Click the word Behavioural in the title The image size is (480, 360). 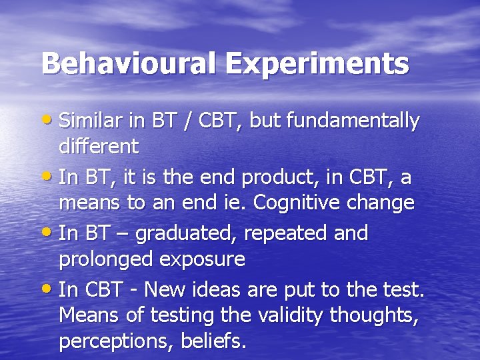click(129, 64)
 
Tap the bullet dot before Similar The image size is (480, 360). click(49, 121)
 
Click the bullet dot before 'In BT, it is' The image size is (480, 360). click(49, 177)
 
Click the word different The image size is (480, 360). click(99, 145)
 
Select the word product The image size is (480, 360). click(275, 178)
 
